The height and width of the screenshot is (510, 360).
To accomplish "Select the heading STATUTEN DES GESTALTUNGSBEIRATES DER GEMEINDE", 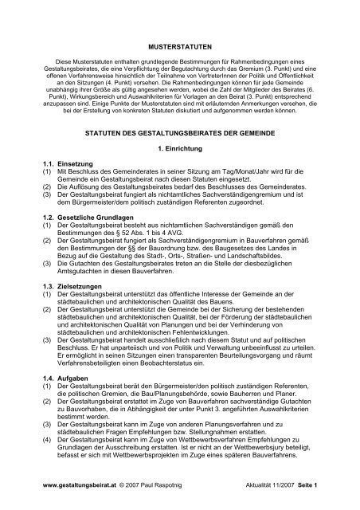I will tap(179, 139).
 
